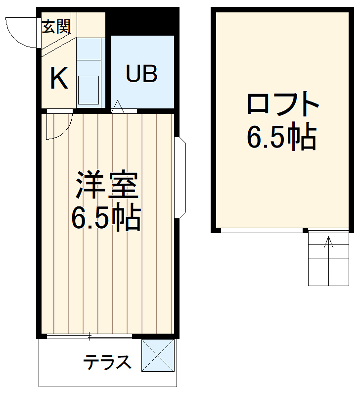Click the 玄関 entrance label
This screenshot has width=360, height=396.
56,27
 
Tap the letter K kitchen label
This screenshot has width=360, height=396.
59,78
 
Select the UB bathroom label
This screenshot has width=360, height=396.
141,74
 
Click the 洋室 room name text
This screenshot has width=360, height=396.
106,185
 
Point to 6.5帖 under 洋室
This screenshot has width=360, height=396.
106,218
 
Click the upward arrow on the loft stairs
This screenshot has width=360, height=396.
328,244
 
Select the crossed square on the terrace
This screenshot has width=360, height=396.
158,355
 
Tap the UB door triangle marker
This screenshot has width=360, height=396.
118,106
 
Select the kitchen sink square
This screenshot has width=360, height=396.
89,89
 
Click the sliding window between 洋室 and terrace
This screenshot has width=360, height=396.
90,337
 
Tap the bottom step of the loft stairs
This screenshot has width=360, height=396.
328,279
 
